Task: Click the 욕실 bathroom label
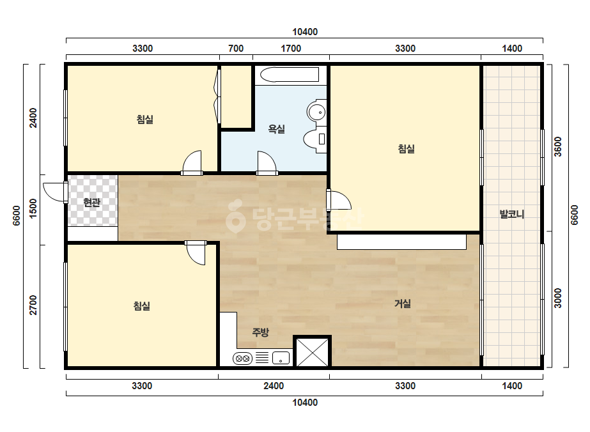(x=277, y=129)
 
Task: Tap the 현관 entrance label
(x=92, y=203)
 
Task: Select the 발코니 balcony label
(x=512, y=214)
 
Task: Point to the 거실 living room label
(x=402, y=304)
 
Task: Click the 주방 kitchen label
(x=260, y=332)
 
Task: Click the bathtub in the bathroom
(x=290, y=75)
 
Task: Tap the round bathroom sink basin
(x=316, y=111)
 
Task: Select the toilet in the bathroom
(x=314, y=139)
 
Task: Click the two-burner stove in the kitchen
(x=243, y=359)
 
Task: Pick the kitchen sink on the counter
(x=281, y=358)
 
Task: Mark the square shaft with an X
(x=313, y=351)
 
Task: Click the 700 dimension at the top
(x=236, y=49)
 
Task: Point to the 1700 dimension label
(x=291, y=49)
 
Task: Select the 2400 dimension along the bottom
(x=274, y=386)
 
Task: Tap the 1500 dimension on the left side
(x=33, y=209)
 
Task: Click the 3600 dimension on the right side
(x=558, y=147)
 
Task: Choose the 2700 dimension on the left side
(x=33, y=305)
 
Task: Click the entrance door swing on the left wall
(x=55, y=192)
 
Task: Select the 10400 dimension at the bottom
(x=305, y=403)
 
